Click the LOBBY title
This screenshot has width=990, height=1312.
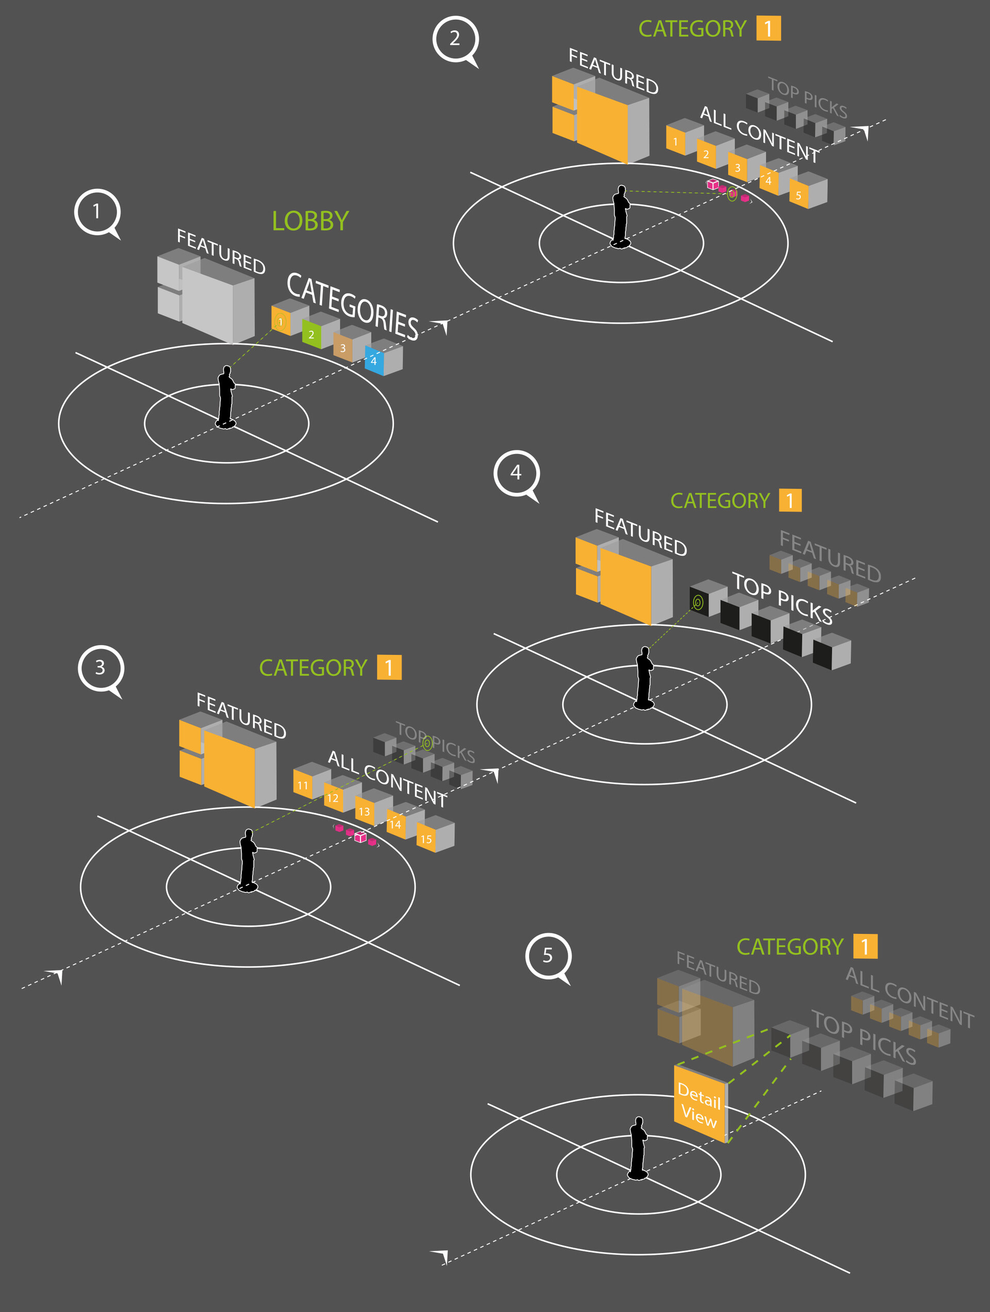tap(310, 221)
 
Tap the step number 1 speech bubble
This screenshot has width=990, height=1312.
tap(96, 212)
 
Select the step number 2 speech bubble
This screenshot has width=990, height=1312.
tap(455, 39)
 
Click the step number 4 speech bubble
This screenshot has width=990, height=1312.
tap(516, 473)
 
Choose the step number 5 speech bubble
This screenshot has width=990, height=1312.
tap(548, 955)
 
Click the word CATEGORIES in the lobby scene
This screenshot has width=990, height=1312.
tap(352, 306)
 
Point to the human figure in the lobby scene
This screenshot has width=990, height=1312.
tap(226, 397)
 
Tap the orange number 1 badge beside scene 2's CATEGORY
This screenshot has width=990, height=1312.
tap(768, 28)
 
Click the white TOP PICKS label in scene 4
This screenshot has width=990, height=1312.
tap(782, 598)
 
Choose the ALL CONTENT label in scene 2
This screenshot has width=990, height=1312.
tap(760, 134)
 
